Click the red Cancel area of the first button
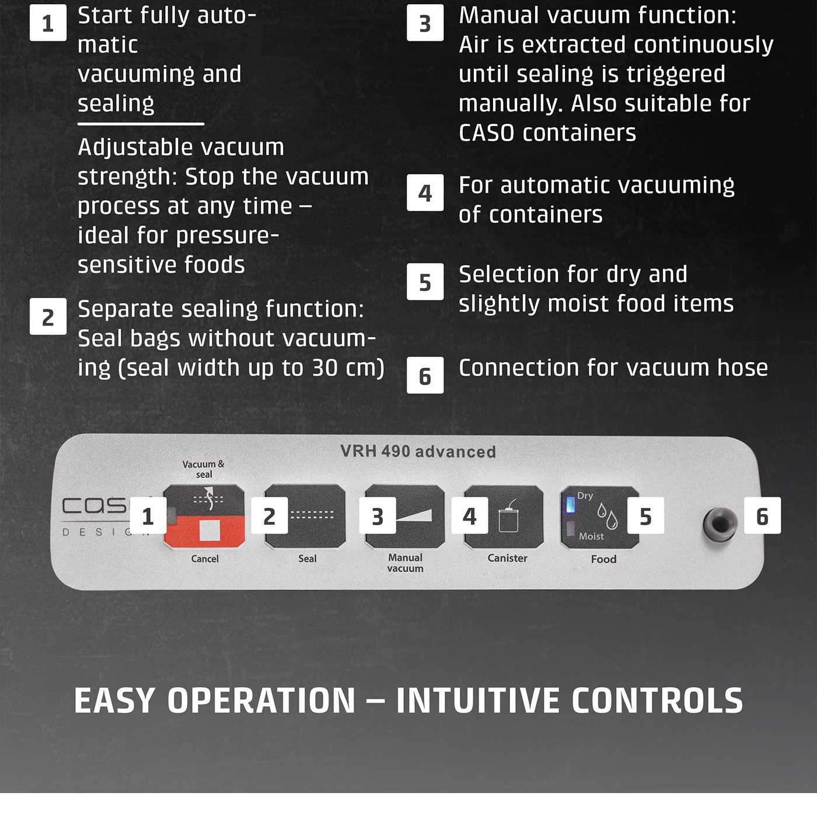pyautogui.click(x=204, y=532)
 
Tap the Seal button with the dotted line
pyautogui.click(x=305, y=516)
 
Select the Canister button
pyautogui.click(x=504, y=517)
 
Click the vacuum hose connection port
pyautogui.click(x=720, y=525)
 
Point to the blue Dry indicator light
pyautogui.click(x=571, y=505)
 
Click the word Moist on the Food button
pyautogui.click(x=591, y=536)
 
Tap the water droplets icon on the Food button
pyautogui.click(x=607, y=515)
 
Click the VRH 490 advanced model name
pyautogui.click(x=418, y=452)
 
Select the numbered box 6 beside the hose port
pyautogui.click(x=762, y=515)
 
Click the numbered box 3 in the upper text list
pyautogui.click(x=425, y=23)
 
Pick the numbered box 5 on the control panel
pyautogui.click(x=645, y=515)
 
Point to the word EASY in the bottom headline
pyautogui.click(x=114, y=701)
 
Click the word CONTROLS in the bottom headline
pyautogui.click(x=657, y=701)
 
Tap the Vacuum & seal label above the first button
pyautogui.click(x=204, y=469)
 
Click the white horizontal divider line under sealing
pyautogui.click(x=141, y=124)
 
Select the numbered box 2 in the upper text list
pyautogui.click(x=48, y=316)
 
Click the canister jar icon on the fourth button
pyautogui.click(x=508, y=515)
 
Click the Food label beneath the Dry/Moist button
pyautogui.click(x=604, y=559)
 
